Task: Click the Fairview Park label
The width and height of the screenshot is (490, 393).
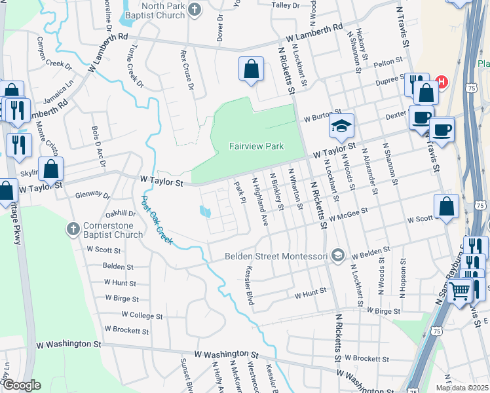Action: (x=256, y=146)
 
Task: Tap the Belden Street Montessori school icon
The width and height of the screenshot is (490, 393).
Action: (x=337, y=255)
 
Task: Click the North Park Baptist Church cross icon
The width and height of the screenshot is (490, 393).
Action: (x=194, y=9)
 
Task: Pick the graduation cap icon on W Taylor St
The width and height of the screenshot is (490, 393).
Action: (x=341, y=126)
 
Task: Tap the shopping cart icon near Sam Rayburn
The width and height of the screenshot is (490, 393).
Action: (x=461, y=289)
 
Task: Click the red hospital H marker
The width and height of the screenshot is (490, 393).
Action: (x=442, y=82)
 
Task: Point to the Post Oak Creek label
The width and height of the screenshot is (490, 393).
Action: (x=157, y=219)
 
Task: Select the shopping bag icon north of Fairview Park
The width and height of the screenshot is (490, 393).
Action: (x=252, y=69)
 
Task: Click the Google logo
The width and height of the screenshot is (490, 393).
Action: (x=22, y=385)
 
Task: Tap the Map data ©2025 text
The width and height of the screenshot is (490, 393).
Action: (x=462, y=388)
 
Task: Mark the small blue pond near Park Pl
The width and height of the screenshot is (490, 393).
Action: (x=205, y=212)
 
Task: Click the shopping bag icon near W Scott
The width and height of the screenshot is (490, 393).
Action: (x=446, y=207)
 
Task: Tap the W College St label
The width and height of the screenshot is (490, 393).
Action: (x=137, y=315)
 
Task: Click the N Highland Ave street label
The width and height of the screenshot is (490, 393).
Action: (x=260, y=202)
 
